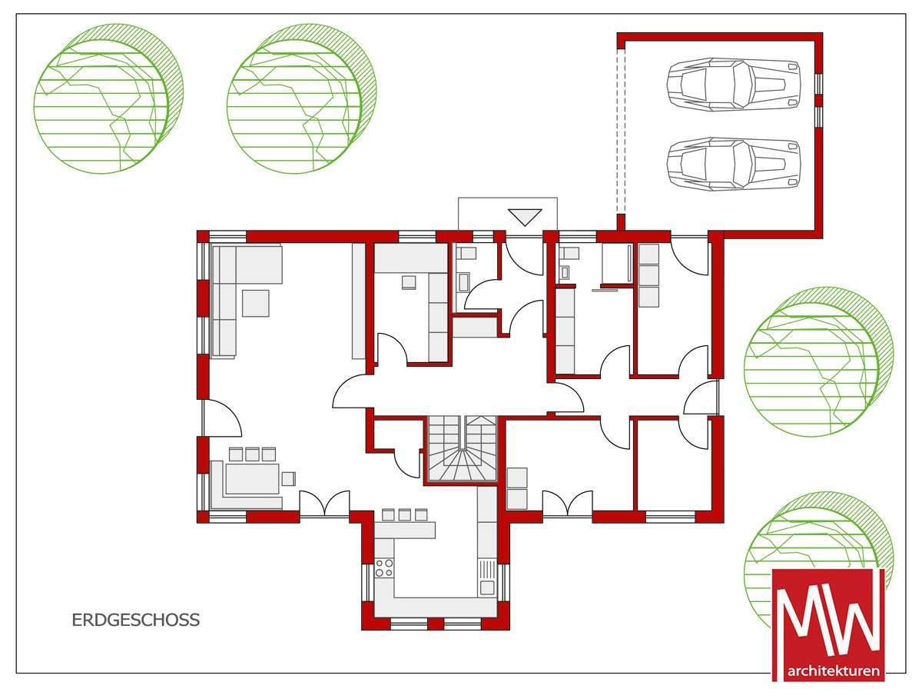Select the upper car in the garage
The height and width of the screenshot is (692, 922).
pos(734,85)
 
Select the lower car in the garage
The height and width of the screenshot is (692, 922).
pos(734,164)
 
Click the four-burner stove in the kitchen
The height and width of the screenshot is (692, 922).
pos(384,567)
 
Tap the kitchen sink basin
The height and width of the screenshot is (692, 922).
pos(487,587)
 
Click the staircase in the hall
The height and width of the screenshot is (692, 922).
pos(462,449)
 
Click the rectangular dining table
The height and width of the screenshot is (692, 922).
pos(253,478)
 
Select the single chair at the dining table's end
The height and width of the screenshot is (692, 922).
pos(289,478)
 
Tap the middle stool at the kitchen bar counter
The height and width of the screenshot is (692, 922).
pos(404,515)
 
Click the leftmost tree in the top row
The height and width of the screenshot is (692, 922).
pos(108,99)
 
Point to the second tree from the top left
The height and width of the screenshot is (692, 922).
pos(302,99)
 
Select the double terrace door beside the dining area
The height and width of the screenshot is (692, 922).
pos(324,504)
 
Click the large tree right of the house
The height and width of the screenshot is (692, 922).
pos(819,361)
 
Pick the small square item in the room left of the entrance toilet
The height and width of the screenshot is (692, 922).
pos(409,282)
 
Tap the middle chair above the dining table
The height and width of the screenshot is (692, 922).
pos(252,454)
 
